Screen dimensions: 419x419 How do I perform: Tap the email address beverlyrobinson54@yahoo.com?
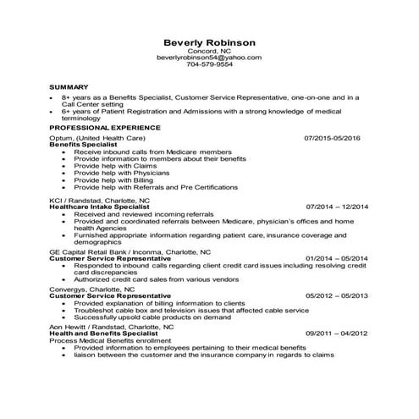(209, 57)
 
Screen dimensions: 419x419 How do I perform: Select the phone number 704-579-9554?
(209, 64)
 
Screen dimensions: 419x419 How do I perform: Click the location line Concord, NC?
(209, 50)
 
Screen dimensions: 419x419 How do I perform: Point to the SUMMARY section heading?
(69, 87)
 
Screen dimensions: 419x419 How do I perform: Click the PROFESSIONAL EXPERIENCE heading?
(99, 127)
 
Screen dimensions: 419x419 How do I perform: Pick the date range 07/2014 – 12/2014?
(337, 206)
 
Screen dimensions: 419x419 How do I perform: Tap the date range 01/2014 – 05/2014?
(337, 258)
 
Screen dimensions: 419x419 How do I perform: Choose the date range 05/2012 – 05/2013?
(337, 295)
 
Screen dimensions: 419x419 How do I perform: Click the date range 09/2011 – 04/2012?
(337, 334)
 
